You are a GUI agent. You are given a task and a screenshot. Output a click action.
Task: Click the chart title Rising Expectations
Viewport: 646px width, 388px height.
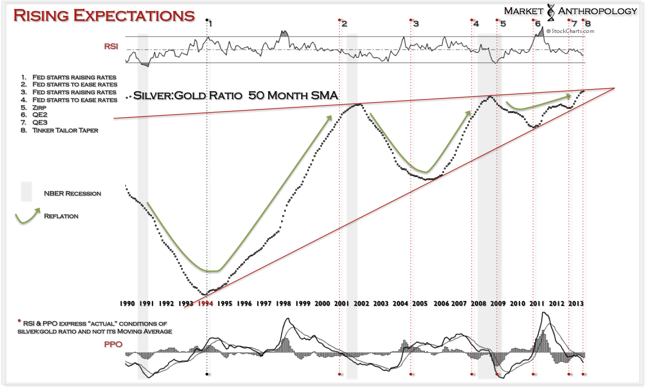click(104, 15)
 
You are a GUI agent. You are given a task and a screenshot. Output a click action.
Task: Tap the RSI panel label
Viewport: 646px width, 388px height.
click(111, 47)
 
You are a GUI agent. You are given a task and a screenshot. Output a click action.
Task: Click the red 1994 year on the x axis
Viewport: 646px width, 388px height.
click(206, 303)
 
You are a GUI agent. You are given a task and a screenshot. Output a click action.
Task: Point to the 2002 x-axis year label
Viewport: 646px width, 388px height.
click(361, 303)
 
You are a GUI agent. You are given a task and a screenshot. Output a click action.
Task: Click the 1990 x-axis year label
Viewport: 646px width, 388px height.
click(128, 303)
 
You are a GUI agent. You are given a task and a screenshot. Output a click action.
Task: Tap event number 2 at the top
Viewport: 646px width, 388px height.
click(344, 24)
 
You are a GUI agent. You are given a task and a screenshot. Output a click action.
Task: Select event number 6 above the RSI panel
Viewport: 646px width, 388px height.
click(537, 24)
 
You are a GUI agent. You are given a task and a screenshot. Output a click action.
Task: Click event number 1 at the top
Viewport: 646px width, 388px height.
click(210, 24)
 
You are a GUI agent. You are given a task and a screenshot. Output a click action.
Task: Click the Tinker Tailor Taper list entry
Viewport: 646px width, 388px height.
click(65, 130)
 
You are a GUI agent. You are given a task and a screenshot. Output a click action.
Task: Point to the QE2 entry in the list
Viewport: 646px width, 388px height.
click(38, 115)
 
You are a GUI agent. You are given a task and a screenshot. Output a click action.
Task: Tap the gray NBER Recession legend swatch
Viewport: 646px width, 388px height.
click(26, 192)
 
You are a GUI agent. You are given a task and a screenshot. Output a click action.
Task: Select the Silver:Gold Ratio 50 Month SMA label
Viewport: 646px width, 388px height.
click(235, 96)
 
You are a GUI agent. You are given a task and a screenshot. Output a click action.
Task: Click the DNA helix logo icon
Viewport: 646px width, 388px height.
click(551, 12)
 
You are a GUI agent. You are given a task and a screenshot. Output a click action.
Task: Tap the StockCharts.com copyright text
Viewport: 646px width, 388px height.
click(570, 31)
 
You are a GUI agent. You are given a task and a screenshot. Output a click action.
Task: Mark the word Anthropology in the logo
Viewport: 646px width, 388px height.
click(597, 11)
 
